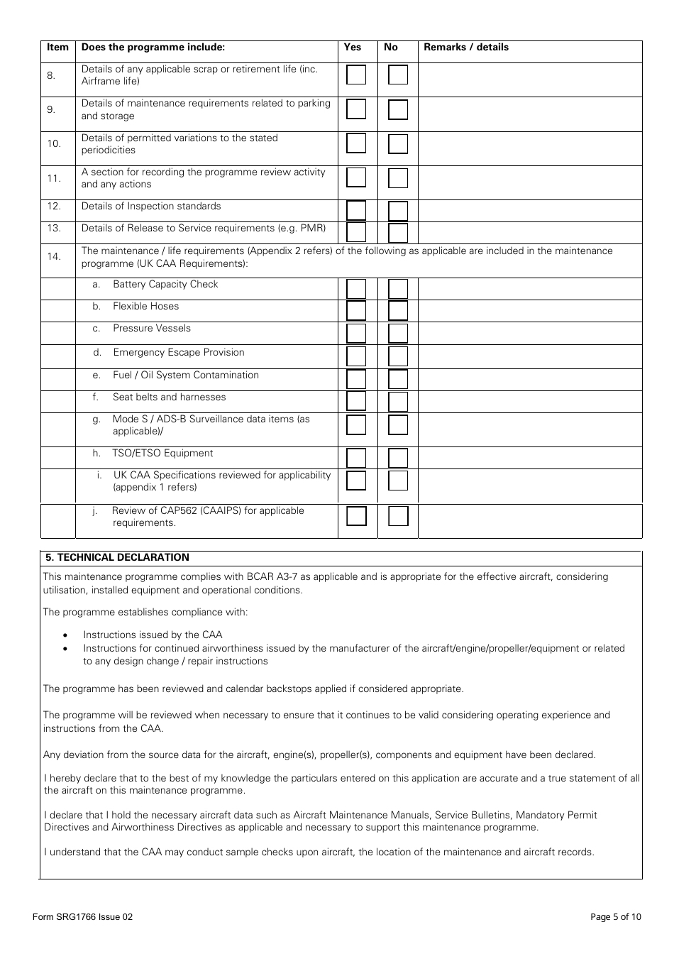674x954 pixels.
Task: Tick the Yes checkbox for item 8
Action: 356,75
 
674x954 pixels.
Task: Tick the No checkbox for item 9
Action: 398,109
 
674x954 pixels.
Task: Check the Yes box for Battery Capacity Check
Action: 356,289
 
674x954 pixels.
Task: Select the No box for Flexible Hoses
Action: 398,311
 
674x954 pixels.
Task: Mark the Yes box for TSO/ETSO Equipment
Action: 356,458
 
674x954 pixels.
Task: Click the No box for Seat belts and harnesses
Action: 398,402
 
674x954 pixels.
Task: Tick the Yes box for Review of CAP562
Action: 356,516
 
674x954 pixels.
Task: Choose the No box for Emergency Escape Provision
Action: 398,356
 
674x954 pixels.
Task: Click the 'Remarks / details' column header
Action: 466,48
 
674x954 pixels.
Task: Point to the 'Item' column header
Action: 57,48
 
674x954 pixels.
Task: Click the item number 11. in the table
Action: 54,178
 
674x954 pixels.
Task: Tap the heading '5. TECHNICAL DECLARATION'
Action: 118,558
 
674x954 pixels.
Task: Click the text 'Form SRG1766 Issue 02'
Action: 82,917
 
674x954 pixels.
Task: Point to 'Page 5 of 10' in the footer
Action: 615,917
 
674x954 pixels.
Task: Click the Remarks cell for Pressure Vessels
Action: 529,333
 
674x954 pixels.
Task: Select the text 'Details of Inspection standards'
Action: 151,207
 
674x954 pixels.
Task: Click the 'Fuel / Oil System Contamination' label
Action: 186,375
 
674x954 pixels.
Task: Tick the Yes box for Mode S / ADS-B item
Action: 356,425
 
